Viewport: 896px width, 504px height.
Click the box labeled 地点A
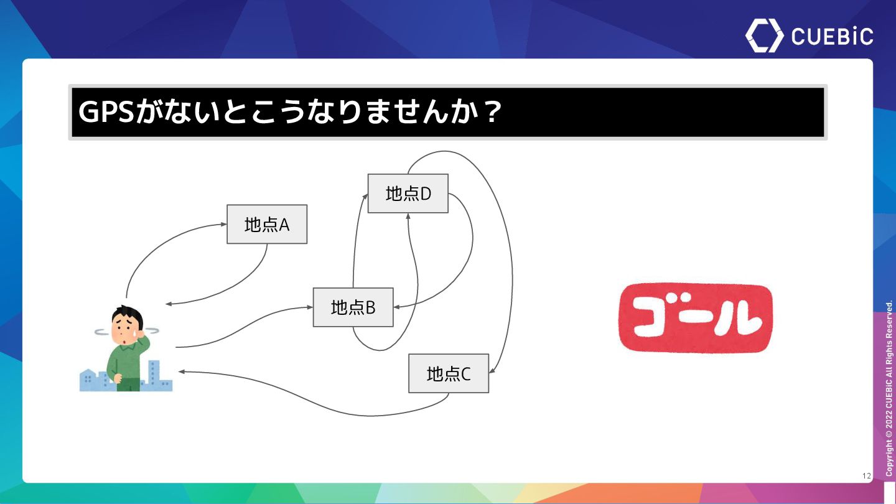point(267,224)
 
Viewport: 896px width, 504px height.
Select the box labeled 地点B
point(353,307)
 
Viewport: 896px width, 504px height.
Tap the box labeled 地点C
point(449,373)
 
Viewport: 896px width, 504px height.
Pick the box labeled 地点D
point(408,194)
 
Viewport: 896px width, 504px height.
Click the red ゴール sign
point(695,318)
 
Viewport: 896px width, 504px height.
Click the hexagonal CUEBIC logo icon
point(765,35)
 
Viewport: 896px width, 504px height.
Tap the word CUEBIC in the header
point(832,36)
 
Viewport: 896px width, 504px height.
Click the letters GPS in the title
point(106,113)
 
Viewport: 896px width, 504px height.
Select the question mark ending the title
point(492,113)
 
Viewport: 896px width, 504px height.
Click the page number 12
point(867,476)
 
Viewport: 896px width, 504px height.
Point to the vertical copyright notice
point(889,389)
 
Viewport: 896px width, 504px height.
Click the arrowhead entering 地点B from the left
point(309,307)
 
